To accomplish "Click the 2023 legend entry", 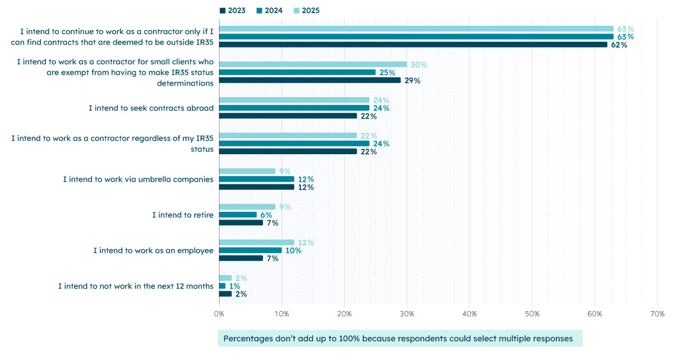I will click(x=233, y=10).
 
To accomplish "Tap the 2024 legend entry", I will click(x=269, y=10).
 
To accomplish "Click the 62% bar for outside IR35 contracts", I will click(x=413, y=45).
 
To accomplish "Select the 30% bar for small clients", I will click(x=313, y=64).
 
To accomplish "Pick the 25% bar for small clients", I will click(x=297, y=72).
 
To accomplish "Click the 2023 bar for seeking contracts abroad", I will click(x=288, y=116).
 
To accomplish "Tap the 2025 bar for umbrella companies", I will click(x=247, y=171).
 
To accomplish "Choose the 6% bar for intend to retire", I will click(x=238, y=215).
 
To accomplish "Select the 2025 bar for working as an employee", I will click(x=256, y=243).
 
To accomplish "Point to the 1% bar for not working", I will click(x=222, y=286).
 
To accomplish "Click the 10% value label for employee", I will click(x=293, y=251).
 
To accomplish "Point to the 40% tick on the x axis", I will click(x=469, y=314).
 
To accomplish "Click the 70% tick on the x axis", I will click(x=657, y=314).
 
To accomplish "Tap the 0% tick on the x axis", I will click(x=219, y=314).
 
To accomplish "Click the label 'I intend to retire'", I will click(x=183, y=215).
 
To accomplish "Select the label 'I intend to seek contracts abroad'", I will click(x=151, y=108).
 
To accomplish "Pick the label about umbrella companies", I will click(x=138, y=179).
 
